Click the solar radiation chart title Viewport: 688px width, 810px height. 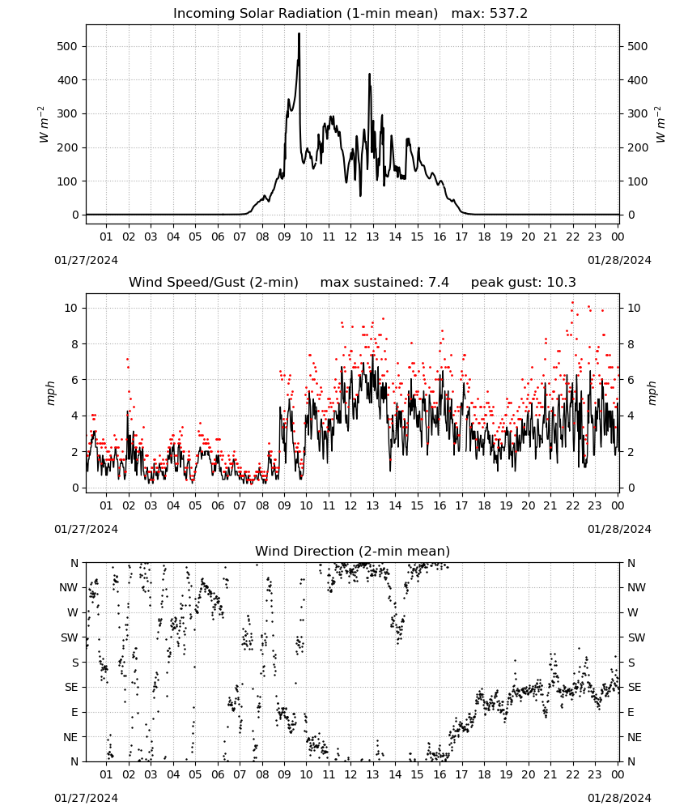pos(350,14)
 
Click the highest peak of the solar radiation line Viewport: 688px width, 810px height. pos(299,34)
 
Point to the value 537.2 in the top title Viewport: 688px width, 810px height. pos(508,14)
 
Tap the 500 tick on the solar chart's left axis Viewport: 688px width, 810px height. pos(67,46)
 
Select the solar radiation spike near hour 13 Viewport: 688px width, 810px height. pos(370,75)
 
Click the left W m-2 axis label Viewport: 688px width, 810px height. pos(44,125)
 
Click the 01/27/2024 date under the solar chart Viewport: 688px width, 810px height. pos(86,260)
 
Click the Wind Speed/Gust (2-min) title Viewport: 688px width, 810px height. pos(214,283)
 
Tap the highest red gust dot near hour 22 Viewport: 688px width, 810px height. pos(572,303)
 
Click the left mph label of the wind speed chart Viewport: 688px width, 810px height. pos(50,393)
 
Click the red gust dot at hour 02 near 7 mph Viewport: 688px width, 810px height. pos(128,359)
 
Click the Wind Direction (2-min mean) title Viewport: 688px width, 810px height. pos(353,552)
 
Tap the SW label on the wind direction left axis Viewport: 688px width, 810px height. pos(70,638)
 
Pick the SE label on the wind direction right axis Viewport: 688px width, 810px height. pos(635,688)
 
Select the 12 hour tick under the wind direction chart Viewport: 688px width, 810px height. pos(350,775)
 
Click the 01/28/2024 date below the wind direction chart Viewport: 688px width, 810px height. pos(619,799)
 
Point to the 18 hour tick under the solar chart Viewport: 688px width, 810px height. pos(484,237)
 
